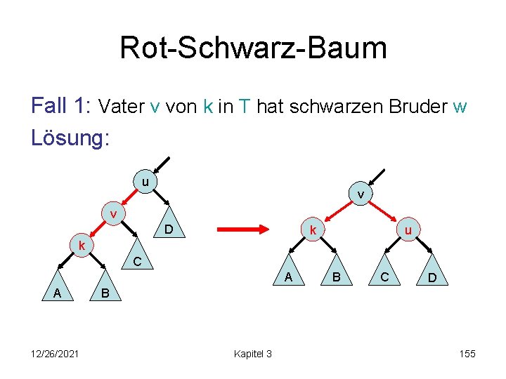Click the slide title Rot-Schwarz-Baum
(x=253, y=48)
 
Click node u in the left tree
(x=145, y=183)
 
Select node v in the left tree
(x=112, y=213)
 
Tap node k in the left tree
(x=82, y=246)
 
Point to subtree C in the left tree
(x=138, y=262)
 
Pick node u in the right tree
(x=408, y=230)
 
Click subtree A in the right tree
(x=288, y=278)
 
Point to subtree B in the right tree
(x=337, y=278)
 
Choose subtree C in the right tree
(x=384, y=278)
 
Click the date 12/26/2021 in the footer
(x=55, y=354)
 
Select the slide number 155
(x=467, y=354)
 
